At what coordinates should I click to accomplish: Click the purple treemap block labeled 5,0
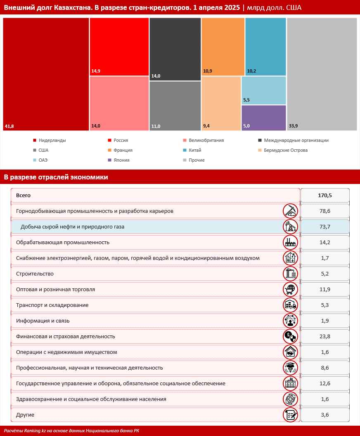click(264, 118)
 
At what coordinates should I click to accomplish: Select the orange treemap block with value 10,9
click(223, 47)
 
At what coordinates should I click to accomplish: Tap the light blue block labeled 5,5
click(264, 90)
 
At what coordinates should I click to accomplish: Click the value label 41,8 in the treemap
click(9, 126)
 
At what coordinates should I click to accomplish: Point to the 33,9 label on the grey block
click(293, 126)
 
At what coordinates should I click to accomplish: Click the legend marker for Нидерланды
click(35, 140)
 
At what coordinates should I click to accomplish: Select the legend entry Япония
click(118, 160)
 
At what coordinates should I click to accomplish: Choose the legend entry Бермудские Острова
click(283, 150)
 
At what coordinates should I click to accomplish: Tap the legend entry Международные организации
click(294, 140)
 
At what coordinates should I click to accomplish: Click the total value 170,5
click(325, 195)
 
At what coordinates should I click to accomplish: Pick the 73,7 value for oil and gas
click(325, 226)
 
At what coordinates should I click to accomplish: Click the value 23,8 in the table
click(325, 337)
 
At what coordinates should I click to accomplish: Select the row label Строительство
click(35, 273)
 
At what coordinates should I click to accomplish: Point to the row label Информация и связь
click(43, 321)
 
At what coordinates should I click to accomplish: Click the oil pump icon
click(291, 226)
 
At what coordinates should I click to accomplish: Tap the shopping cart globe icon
click(291, 289)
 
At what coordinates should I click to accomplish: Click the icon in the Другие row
click(291, 415)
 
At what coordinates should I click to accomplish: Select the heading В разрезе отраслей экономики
click(56, 177)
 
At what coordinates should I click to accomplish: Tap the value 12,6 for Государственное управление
click(325, 384)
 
